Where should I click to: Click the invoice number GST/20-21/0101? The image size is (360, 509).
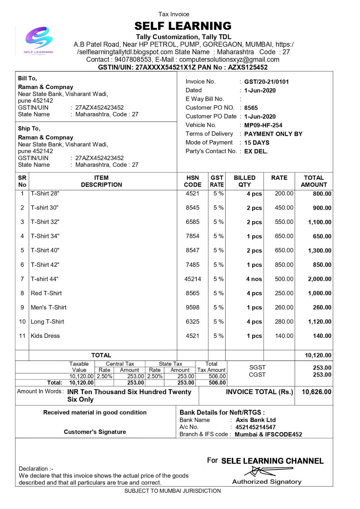click(266, 82)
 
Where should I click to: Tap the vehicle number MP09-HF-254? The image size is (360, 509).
click(263, 125)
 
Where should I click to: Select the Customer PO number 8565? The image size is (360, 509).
click(251, 108)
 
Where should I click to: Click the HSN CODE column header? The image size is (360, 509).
click(193, 181)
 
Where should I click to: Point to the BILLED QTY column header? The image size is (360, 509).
click(244, 181)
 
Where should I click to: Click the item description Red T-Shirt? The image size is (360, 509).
click(46, 293)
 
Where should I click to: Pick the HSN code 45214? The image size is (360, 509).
click(193, 279)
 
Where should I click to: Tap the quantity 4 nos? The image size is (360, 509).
click(254, 279)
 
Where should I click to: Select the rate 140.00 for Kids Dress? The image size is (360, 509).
click(284, 336)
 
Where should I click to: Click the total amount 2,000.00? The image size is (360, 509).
click(320, 279)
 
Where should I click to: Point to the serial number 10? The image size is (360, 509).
click(22, 322)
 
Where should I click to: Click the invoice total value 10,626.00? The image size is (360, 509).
click(316, 392)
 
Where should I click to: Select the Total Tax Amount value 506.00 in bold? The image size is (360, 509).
click(217, 383)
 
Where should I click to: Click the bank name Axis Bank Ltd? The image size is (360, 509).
click(256, 420)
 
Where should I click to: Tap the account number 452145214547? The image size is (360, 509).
click(255, 427)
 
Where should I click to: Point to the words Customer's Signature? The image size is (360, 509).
click(95, 432)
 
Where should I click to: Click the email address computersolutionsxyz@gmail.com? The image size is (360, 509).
click(229, 59)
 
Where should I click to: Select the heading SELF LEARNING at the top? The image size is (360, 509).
click(183, 26)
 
